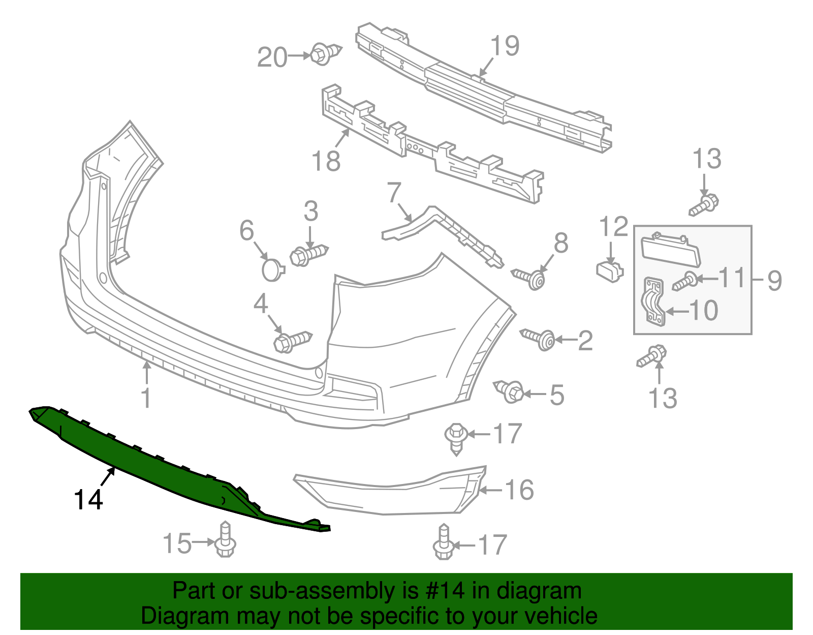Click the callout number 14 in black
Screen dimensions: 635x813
coord(88,500)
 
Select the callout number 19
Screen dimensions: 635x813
coord(505,46)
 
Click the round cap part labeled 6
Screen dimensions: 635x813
coord(273,269)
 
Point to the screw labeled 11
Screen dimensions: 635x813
coord(684,281)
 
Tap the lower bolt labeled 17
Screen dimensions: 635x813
coord(443,544)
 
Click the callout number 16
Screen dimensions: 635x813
coord(519,490)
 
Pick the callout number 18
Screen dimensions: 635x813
coord(326,161)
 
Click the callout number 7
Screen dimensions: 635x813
coord(394,193)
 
